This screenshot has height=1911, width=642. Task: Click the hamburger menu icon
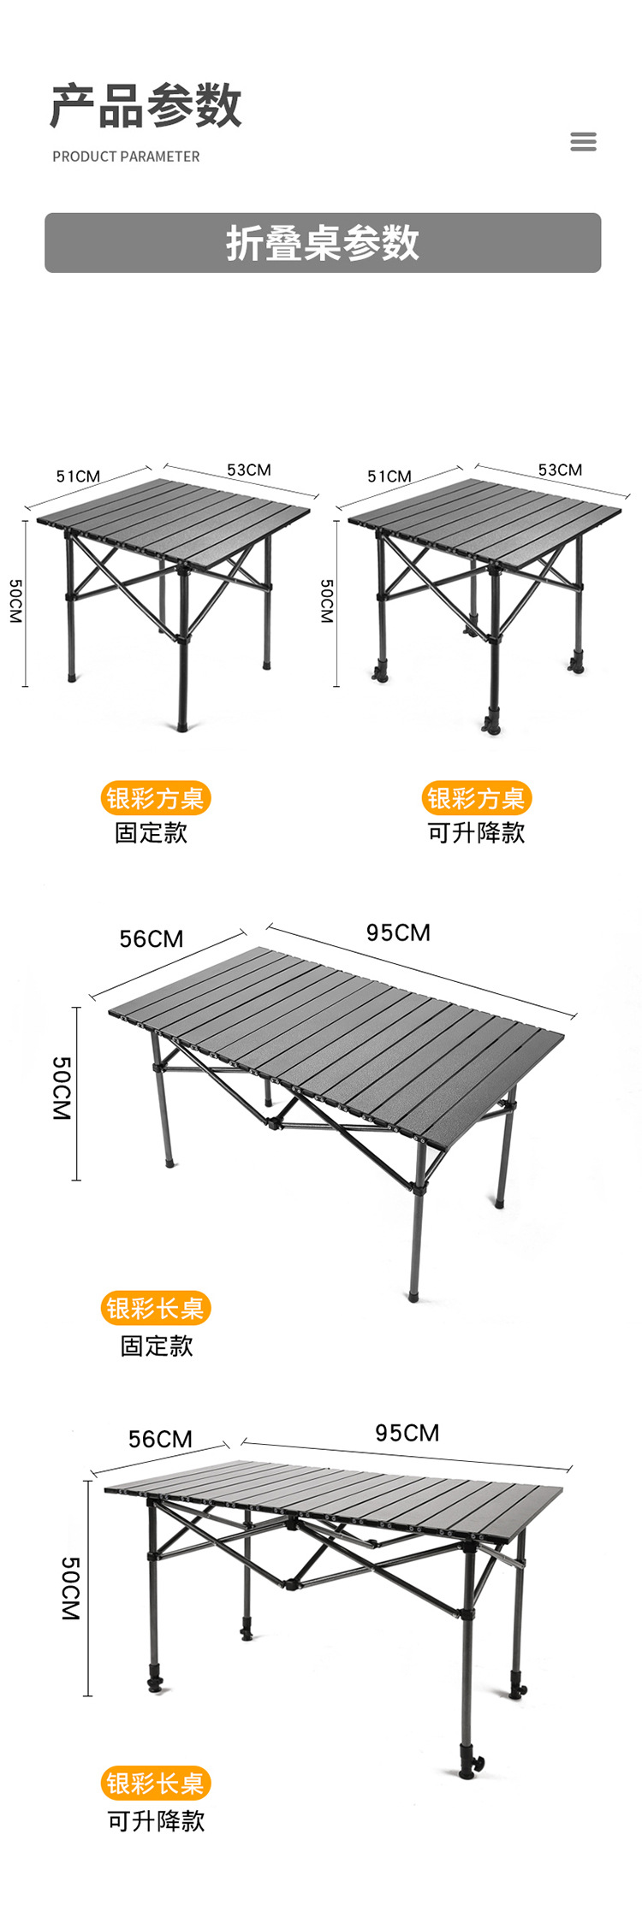583,141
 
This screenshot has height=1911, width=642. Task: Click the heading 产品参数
146,106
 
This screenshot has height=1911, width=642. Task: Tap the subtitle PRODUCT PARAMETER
126,157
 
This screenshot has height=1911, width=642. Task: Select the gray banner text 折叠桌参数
323,243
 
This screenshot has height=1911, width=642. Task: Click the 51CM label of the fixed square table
78,476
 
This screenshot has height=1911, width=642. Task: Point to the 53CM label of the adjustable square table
560,470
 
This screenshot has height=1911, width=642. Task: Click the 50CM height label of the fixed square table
16,601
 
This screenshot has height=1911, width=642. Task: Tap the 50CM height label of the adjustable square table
327,601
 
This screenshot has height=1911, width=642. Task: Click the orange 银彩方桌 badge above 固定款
155,798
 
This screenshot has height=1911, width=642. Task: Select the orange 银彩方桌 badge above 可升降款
476,798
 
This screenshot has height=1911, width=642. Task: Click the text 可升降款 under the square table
476,832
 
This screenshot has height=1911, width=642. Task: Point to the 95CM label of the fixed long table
398,932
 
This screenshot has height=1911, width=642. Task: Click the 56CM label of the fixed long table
152,939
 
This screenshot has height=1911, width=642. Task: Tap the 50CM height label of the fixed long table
62,1088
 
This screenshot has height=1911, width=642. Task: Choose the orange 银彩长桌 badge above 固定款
155,1308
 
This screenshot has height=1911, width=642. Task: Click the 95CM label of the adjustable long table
407,1433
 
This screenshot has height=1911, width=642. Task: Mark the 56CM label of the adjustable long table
160,1439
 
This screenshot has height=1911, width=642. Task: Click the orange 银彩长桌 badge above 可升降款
155,1783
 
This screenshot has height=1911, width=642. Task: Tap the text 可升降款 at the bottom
156,1821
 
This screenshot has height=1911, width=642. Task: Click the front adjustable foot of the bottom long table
469,1764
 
